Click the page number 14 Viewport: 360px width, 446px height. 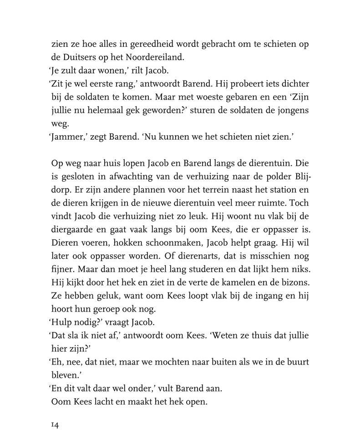(x=55, y=425)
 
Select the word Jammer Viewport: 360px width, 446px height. (x=66, y=137)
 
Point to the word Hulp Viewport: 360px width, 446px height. (x=61, y=322)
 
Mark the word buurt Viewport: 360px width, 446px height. (x=297, y=362)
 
